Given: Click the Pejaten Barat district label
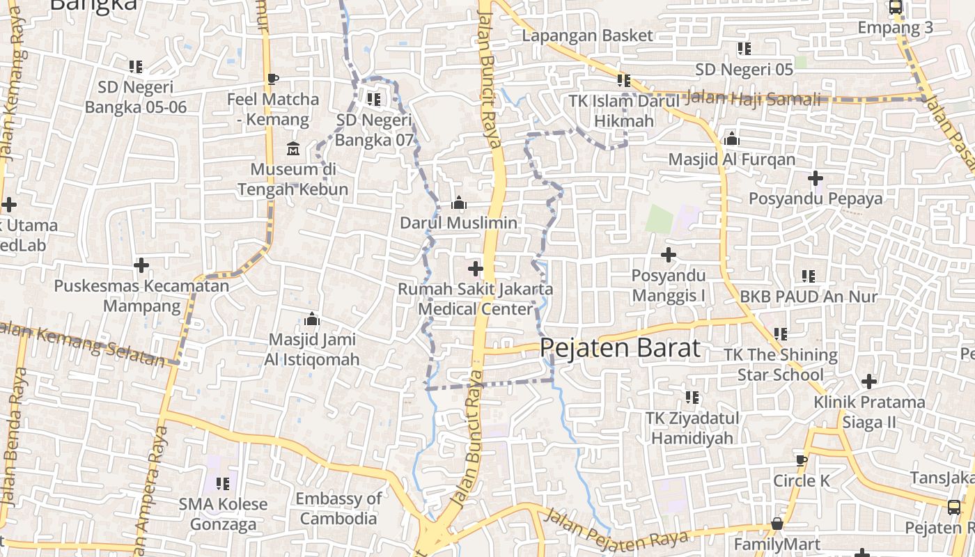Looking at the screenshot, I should coord(620,347).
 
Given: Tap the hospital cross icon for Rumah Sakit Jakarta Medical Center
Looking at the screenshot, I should coord(476,268).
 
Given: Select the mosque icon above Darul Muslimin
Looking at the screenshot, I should coord(458,203).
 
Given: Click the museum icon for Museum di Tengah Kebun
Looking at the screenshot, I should coord(293,149).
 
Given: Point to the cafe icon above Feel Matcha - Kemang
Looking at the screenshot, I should coord(273,79).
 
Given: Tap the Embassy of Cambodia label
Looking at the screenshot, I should coord(338,508).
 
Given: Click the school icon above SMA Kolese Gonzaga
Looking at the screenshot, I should coord(223,483).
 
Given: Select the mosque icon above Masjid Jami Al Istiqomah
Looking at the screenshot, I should coord(312,319).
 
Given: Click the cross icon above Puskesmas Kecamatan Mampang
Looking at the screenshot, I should coord(141,265).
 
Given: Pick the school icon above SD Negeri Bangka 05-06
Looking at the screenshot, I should coord(136,67).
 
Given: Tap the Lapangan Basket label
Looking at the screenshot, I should coord(588,36).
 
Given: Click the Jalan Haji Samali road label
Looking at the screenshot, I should coord(754,98).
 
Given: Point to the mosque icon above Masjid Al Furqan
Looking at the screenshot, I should coord(731,139).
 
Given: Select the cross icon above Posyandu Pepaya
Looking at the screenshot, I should coord(816,178).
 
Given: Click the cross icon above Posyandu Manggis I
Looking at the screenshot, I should coord(669,255).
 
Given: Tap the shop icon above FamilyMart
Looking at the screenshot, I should coord(777,524).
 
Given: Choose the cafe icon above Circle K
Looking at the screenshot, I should coord(802,460).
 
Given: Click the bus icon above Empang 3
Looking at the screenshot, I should coord(896,8).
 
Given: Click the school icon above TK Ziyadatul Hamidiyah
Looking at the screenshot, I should coord(692,398).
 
